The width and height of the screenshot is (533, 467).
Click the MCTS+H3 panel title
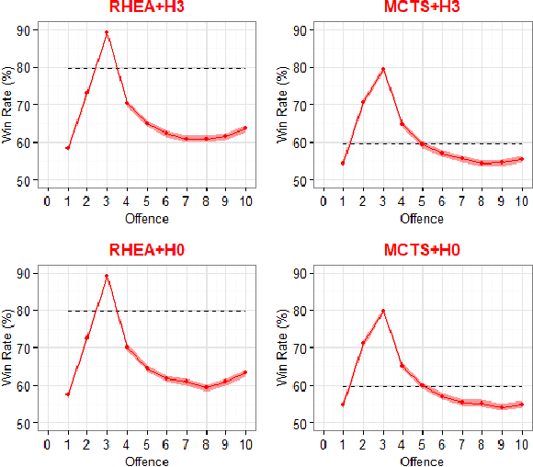422,9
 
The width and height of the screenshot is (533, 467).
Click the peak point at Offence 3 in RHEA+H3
107,33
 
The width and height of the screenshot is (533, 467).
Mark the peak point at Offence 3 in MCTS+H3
382,69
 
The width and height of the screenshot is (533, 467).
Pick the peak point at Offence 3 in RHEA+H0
107,276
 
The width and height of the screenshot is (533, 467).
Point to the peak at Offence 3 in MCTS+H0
382,312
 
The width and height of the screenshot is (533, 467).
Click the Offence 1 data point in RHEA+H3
67,147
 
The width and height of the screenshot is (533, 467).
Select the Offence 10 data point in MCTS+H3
521,159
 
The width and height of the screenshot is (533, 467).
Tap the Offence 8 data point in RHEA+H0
206,387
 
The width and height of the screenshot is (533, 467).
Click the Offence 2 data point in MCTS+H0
363,343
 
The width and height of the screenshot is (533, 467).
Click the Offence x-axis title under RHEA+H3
146,219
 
